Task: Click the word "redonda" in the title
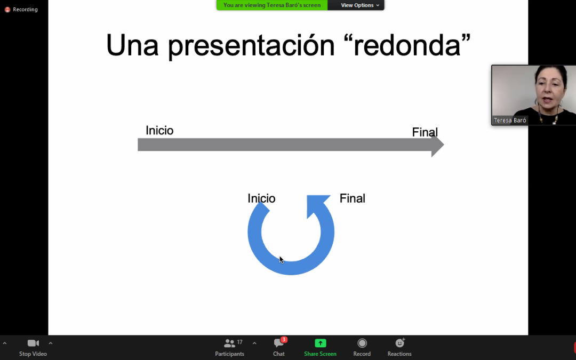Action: (407, 45)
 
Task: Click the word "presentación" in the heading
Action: (251, 46)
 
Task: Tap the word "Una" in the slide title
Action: (132, 45)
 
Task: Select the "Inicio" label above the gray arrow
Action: (159, 131)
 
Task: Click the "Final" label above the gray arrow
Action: (425, 132)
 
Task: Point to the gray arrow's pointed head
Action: (444, 145)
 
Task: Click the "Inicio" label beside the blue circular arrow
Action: (261, 198)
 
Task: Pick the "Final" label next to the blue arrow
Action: (353, 198)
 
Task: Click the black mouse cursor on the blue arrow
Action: (282, 260)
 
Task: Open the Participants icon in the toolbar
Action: (229, 343)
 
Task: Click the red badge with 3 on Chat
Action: (284, 340)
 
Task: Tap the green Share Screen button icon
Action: (321, 343)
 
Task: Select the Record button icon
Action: (362, 343)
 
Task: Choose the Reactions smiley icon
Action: (399, 343)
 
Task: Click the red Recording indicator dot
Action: (7, 10)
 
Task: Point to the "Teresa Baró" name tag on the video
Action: (510, 120)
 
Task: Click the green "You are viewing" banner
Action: (272, 5)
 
